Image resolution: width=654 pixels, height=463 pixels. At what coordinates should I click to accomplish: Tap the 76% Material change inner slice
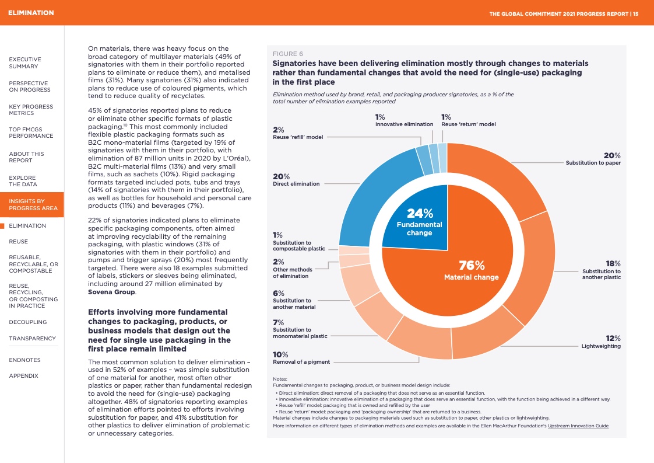(x=471, y=271)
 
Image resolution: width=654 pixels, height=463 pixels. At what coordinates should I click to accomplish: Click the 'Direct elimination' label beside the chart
(x=296, y=184)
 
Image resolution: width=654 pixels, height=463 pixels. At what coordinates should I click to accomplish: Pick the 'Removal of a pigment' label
(x=301, y=362)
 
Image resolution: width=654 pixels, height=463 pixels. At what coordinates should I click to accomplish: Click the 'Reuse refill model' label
(x=298, y=137)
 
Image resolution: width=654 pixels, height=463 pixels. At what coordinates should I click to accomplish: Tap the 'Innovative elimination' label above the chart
(x=404, y=124)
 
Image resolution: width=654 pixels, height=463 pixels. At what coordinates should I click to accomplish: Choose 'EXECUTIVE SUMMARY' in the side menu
(x=25, y=62)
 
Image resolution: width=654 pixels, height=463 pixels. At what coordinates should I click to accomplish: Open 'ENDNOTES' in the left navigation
(x=24, y=360)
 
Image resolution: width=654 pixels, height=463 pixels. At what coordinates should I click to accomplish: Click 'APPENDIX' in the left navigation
(x=23, y=376)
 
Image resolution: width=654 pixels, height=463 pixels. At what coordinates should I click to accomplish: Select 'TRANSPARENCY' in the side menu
(x=32, y=339)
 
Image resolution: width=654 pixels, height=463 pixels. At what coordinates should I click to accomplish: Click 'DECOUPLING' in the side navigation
(x=28, y=322)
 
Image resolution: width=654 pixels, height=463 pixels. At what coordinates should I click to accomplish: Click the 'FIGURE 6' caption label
(x=287, y=54)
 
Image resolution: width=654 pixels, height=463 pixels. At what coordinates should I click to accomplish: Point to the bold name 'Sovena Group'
(x=111, y=292)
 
